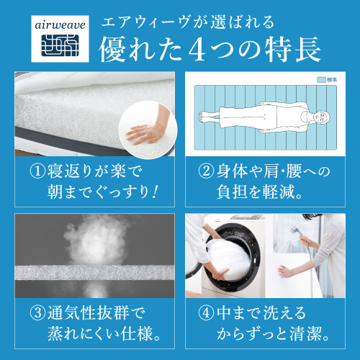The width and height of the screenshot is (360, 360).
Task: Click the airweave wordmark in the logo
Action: (60, 25)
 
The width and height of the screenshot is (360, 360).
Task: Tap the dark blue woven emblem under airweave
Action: (60, 45)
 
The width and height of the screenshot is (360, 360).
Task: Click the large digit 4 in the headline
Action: (197, 50)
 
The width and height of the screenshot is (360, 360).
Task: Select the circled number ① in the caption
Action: (37, 172)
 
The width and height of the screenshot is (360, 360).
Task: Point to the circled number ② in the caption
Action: (207, 172)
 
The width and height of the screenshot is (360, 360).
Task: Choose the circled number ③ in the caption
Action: (37, 313)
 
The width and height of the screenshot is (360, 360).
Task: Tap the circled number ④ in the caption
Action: (207, 313)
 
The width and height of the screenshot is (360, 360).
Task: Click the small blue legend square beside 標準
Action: (321, 80)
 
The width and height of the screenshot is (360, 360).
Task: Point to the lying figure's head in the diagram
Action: (315, 117)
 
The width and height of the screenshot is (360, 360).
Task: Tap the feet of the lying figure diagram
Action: (205, 117)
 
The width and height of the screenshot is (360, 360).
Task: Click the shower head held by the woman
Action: (294, 230)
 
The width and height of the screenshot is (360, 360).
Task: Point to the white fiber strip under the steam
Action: (94, 273)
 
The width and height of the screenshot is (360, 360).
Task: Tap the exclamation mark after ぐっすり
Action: (156, 192)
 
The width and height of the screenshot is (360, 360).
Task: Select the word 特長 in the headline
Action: (293, 50)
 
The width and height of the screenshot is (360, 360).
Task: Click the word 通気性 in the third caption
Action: (71, 313)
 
